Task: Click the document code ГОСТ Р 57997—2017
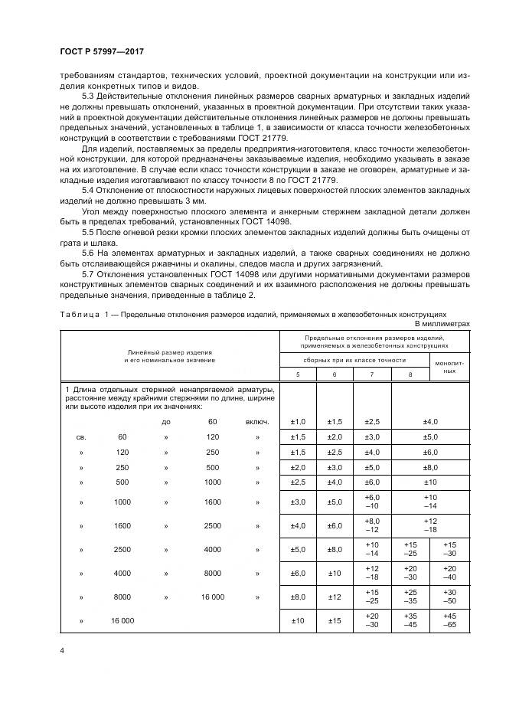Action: click(101, 51)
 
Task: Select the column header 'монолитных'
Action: click(449, 365)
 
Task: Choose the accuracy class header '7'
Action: click(372, 374)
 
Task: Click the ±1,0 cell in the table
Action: click(298, 422)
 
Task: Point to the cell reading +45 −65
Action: click(449, 620)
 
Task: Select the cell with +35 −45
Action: click(410, 620)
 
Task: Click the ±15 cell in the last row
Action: click(335, 620)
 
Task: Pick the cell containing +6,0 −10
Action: click(372, 502)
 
